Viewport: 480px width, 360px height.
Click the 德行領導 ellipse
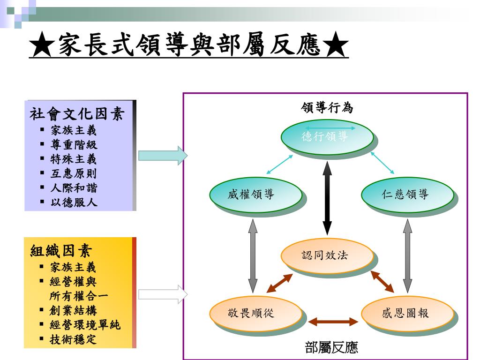pos(327,137)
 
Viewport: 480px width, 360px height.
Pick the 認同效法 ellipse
pos(327,256)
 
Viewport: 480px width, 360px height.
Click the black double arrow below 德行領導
pos(327,197)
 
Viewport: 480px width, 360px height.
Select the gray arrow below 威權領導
pos(253,255)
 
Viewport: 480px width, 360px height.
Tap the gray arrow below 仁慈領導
pos(407,255)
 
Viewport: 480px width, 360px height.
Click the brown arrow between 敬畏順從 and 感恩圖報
pos(333,322)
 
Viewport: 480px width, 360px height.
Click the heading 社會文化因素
pos(77,114)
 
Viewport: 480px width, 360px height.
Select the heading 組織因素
pos(61,251)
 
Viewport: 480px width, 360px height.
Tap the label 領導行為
pos(327,108)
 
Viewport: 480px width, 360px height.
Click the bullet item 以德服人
pos(74,203)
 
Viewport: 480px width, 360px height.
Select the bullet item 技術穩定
pos(73,339)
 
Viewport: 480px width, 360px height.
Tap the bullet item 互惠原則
pos(74,173)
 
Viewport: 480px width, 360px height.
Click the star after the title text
pos(336,45)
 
